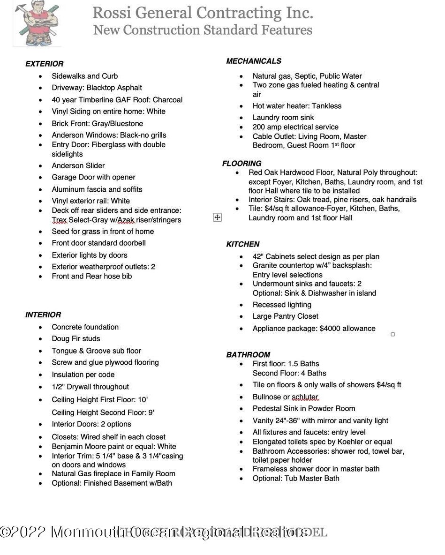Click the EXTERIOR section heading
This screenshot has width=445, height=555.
click(x=44, y=64)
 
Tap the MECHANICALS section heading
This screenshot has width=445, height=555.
click(x=254, y=61)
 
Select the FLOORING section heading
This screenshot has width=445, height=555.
click(x=241, y=164)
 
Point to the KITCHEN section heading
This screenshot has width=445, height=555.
click(x=242, y=244)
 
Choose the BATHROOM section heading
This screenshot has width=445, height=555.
click(x=248, y=355)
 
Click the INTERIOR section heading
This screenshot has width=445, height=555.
click(x=43, y=315)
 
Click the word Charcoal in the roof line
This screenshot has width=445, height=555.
click(x=167, y=100)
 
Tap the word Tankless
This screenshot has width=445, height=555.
click(x=326, y=106)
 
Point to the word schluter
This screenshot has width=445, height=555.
click(x=305, y=397)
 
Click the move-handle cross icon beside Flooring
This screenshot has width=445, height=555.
click(x=217, y=217)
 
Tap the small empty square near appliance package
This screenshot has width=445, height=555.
click(x=392, y=334)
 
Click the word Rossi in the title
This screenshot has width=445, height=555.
click(x=112, y=13)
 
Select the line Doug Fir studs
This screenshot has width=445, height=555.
click(x=75, y=338)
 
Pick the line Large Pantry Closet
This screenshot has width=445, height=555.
click(x=285, y=316)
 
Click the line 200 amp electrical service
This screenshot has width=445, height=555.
click(x=295, y=127)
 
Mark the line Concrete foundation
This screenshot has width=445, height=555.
click(x=85, y=327)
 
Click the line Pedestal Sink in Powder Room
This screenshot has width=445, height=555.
click(x=303, y=408)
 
